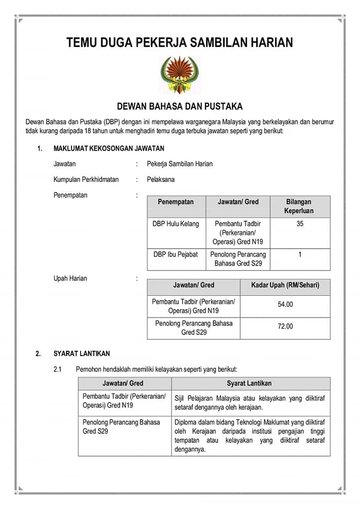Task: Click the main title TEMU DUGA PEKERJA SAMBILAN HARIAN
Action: point(179,43)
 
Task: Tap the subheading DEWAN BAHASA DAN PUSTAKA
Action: point(179,106)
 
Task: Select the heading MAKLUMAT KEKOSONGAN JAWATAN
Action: point(109,149)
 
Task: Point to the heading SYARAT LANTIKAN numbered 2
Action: point(82,353)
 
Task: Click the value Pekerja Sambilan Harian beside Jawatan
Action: point(179,164)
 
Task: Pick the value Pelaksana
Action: point(160,179)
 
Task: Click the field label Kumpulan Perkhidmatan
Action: point(86,179)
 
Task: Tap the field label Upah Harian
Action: point(70,278)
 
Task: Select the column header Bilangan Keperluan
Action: point(300,206)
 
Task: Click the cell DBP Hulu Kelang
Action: point(176,224)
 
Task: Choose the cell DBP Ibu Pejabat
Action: point(176,255)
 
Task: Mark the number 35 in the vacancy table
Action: point(300,224)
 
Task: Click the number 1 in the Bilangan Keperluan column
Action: point(300,255)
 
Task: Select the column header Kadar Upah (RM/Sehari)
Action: point(285,285)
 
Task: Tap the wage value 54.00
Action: point(285,305)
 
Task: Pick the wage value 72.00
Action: point(285,326)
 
